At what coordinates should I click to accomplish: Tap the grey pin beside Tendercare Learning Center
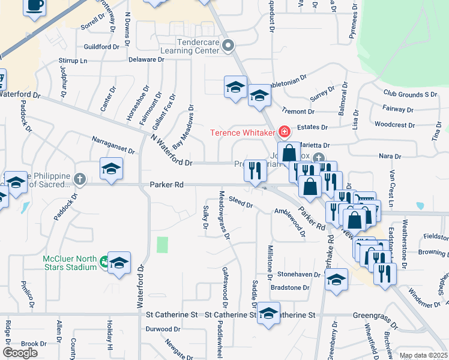pyautogui.click(x=228, y=45)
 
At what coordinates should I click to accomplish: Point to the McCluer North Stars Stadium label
pyautogui.click(x=70, y=263)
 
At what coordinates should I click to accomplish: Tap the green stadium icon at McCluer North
pyautogui.click(x=105, y=262)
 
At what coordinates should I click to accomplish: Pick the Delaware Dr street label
pyautogui.click(x=146, y=60)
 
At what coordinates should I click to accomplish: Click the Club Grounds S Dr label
pyautogui.click(x=410, y=94)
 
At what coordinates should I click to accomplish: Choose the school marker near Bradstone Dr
pyautogui.click(x=336, y=280)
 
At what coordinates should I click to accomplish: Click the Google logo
pyautogui.click(x=20, y=353)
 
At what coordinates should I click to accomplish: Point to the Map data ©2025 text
pyautogui.click(x=423, y=355)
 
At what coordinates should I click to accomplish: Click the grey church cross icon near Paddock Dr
pyautogui.click(x=80, y=179)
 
